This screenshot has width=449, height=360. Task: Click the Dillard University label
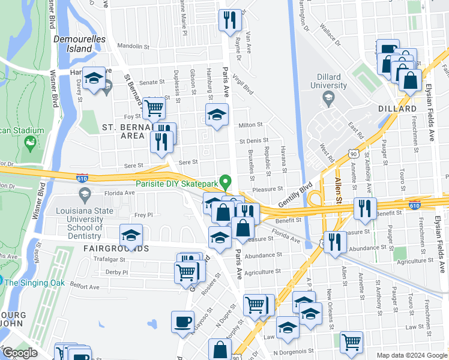(328, 81)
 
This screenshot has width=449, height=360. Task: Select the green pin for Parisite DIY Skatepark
(226, 180)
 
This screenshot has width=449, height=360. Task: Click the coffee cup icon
(182, 322)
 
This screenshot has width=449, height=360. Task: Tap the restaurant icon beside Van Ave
(230, 20)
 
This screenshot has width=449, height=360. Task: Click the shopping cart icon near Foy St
(154, 108)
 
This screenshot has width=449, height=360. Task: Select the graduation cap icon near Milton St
(217, 114)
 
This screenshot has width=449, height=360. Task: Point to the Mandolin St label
(133, 46)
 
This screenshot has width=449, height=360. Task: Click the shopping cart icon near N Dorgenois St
(351, 342)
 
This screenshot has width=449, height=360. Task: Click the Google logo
(20, 353)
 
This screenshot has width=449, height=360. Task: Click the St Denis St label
(253, 141)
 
